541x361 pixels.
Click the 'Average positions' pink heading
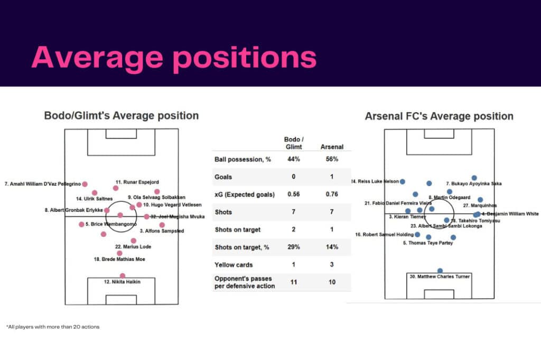pyautogui.click(x=174, y=58)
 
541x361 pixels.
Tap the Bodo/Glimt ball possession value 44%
pyautogui.click(x=294, y=159)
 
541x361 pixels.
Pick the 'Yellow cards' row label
pyautogui.click(x=233, y=265)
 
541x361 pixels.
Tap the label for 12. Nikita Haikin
pyautogui.click(x=122, y=282)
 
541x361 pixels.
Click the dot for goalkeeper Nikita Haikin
pyautogui.click(x=123, y=275)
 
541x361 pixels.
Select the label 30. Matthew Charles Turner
pyautogui.click(x=440, y=276)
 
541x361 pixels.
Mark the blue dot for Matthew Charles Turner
pyautogui.click(x=440, y=270)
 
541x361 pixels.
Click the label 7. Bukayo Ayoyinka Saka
pyautogui.click(x=473, y=184)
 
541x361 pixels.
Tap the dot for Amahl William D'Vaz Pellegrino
pyautogui.click(x=85, y=184)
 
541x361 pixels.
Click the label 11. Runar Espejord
pyautogui.click(x=137, y=182)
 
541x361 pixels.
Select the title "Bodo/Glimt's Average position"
pyautogui.click(x=122, y=116)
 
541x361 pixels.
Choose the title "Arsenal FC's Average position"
pyautogui.click(x=439, y=116)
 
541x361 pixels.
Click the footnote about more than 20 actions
pyautogui.click(x=53, y=327)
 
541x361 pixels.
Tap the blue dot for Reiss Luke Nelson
pyautogui.click(x=403, y=181)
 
